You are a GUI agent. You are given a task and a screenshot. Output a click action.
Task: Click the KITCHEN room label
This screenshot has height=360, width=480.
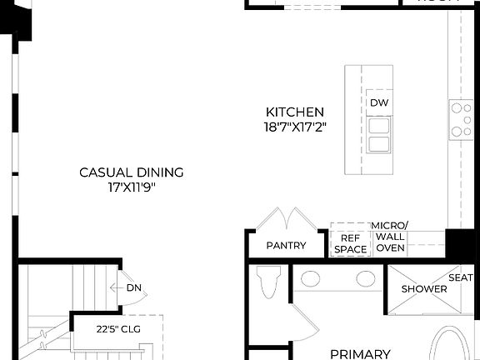[x=294, y=112]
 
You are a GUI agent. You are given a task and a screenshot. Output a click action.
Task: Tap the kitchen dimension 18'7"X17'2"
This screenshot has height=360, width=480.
[x=294, y=127]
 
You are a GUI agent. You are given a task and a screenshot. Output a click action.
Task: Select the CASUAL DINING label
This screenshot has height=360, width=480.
[x=131, y=172]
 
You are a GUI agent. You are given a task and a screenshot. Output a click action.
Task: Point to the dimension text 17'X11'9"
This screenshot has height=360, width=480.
[x=131, y=187]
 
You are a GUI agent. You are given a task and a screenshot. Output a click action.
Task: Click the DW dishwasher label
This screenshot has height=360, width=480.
[x=378, y=103]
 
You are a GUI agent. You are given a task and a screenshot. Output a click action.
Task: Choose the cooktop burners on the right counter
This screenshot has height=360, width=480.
[x=461, y=119]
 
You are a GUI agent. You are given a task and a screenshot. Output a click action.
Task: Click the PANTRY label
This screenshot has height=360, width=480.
[x=286, y=246]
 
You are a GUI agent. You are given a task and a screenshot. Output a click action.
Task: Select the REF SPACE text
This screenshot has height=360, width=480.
[x=350, y=242]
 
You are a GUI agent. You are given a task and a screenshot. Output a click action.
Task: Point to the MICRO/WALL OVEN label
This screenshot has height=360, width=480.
[x=390, y=237]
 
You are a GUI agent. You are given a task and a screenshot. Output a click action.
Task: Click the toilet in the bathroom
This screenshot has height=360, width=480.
[x=268, y=282]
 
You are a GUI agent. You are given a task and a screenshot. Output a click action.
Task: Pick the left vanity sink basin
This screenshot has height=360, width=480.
[x=311, y=278]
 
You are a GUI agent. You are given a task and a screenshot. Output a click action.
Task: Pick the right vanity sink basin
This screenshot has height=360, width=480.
[x=364, y=278]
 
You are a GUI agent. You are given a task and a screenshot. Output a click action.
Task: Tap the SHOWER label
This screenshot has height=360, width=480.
[x=424, y=289]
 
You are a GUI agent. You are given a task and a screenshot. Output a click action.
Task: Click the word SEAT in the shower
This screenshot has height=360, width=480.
[x=461, y=277]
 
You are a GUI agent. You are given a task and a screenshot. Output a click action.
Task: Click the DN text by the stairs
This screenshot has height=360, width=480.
[x=133, y=288]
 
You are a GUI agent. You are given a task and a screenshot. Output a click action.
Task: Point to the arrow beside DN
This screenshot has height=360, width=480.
[x=116, y=288]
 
